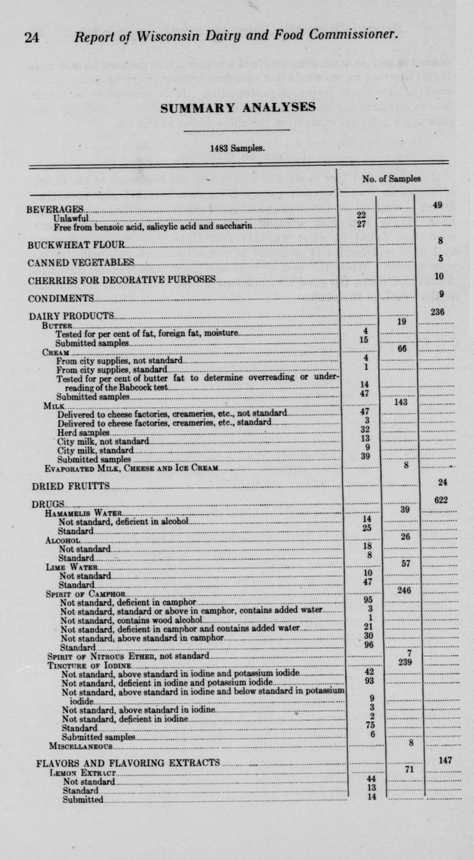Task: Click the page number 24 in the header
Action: click(x=32, y=37)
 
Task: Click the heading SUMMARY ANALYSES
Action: click(x=237, y=107)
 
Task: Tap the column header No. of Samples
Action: click(x=391, y=178)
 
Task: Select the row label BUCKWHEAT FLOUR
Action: click(x=77, y=244)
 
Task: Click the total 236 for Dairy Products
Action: click(x=438, y=312)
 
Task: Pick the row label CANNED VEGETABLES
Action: click(x=81, y=262)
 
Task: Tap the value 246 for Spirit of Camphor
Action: click(x=404, y=590)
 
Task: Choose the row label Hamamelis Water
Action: click(x=83, y=513)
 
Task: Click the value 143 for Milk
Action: click(x=401, y=403)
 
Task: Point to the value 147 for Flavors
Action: click(x=445, y=760)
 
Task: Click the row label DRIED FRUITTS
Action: click(x=71, y=485)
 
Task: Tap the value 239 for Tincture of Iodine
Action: click(x=405, y=662)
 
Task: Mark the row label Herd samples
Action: click(x=83, y=432)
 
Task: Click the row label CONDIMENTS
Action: click(x=61, y=299)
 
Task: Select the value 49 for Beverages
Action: click(x=438, y=204)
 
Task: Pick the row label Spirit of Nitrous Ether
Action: click(x=128, y=656)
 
